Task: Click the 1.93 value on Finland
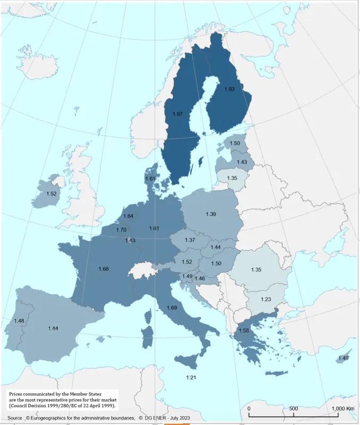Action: click(x=229, y=89)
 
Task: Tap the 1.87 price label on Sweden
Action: click(x=178, y=114)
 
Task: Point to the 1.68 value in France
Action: click(x=104, y=269)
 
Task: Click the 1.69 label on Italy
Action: click(x=172, y=308)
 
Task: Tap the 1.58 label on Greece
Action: click(x=244, y=331)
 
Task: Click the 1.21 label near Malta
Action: click(x=191, y=377)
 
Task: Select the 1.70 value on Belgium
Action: click(x=121, y=230)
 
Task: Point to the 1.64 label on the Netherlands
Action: click(x=128, y=216)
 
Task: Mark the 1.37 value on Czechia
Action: click(x=190, y=240)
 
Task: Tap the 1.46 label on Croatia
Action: click(x=200, y=278)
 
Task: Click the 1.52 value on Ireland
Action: click(x=52, y=194)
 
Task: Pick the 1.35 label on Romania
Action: click(x=256, y=270)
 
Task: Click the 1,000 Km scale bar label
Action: click(x=342, y=408)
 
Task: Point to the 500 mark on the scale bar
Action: click(x=293, y=408)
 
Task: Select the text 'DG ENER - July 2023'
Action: click(x=164, y=419)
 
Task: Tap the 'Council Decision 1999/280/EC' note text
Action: click(x=45, y=405)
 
